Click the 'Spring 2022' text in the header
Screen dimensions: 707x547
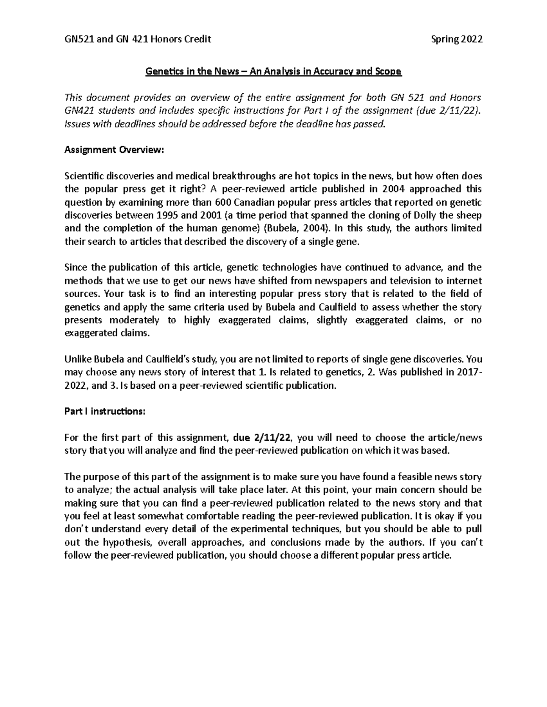pos(456,39)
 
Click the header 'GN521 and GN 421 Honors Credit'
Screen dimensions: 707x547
pos(138,39)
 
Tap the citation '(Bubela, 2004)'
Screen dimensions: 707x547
pos(299,229)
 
